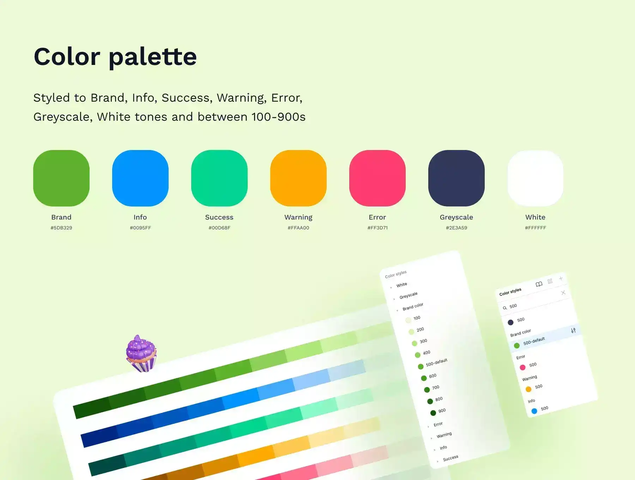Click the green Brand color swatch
click(x=61, y=178)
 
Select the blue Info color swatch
click(x=140, y=178)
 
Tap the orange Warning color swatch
click(x=298, y=178)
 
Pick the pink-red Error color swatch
click(x=377, y=178)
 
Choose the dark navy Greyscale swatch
click(x=456, y=178)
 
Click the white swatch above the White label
click(x=536, y=178)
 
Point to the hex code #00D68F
click(x=219, y=228)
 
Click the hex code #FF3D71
click(x=377, y=228)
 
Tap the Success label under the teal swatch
click(x=219, y=217)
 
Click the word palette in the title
click(x=153, y=57)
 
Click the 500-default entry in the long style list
click(x=436, y=362)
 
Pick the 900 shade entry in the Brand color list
click(x=442, y=411)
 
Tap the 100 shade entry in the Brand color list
click(x=417, y=318)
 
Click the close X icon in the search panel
click(x=563, y=293)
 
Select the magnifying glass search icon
click(x=505, y=308)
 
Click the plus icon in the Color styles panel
click(x=561, y=278)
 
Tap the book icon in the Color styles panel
click(x=539, y=284)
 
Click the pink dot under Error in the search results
click(x=522, y=367)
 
